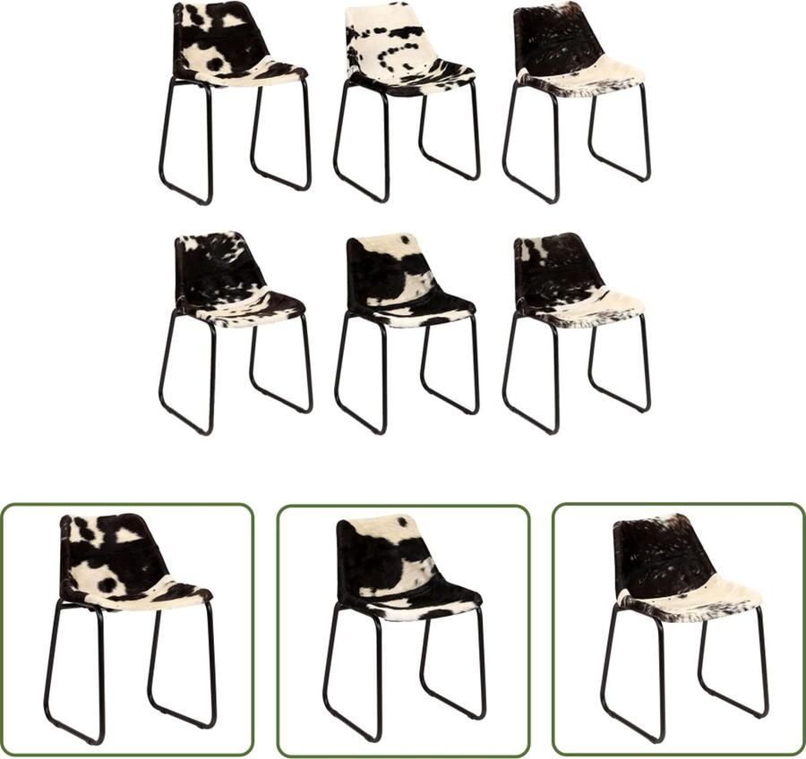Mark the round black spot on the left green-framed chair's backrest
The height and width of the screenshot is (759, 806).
pos(107,584)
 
